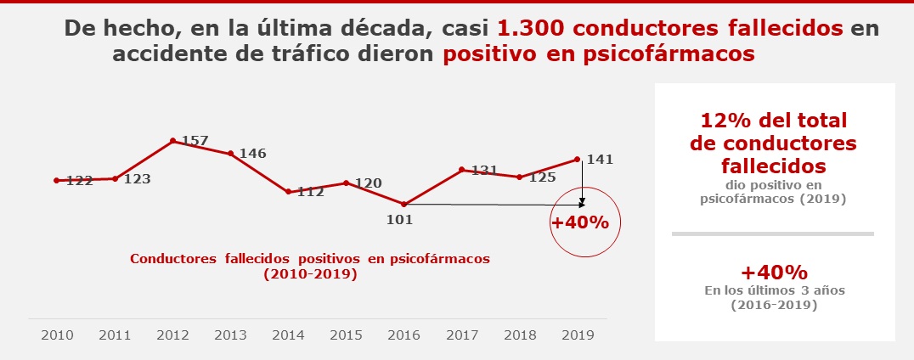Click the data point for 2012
(x=172, y=141)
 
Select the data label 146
(x=252, y=154)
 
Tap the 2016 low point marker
(x=403, y=204)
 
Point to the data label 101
(x=399, y=219)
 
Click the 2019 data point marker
(x=578, y=159)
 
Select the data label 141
(x=599, y=160)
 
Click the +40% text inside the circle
(x=580, y=223)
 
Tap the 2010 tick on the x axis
(x=57, y=335)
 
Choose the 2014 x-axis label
(x=288, y=335)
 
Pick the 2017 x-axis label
(x=461, y=335)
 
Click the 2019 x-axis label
(x=577, y=335)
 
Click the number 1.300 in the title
(x=528, y=28)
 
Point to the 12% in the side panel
(x=724, y=121)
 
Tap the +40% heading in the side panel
(x=773, y=273)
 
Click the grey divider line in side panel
(x=772, y=233)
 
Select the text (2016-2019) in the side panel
(x=773, y=305)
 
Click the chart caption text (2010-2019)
(x=310, y=274)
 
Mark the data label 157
(x=195, y=140)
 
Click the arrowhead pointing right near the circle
(x=582, y=205)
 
